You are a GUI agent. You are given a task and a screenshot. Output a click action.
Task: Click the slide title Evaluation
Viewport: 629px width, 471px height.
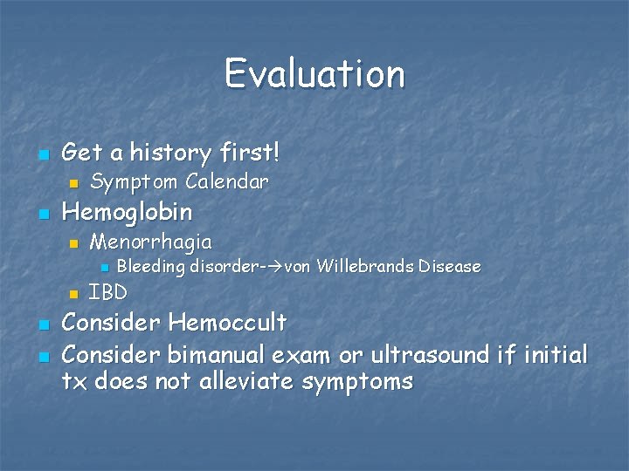(x=314, y=73)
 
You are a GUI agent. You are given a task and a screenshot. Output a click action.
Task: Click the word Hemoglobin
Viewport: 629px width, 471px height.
(x=128, y=212)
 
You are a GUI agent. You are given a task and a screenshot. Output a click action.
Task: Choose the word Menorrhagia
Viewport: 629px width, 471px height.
(x=150, y=241)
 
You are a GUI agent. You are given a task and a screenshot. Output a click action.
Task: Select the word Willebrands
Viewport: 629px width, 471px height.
(x=364, y=266)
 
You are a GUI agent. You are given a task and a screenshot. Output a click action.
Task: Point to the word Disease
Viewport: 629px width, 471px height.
(x=449, y=266)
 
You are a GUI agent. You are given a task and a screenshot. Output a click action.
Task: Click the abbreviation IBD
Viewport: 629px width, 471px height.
(x=108, y=292)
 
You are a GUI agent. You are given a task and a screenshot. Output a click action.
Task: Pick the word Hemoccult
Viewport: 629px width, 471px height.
(x=227, y=323)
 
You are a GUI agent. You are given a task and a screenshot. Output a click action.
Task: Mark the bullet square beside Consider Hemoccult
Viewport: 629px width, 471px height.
(x=43, y=324)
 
